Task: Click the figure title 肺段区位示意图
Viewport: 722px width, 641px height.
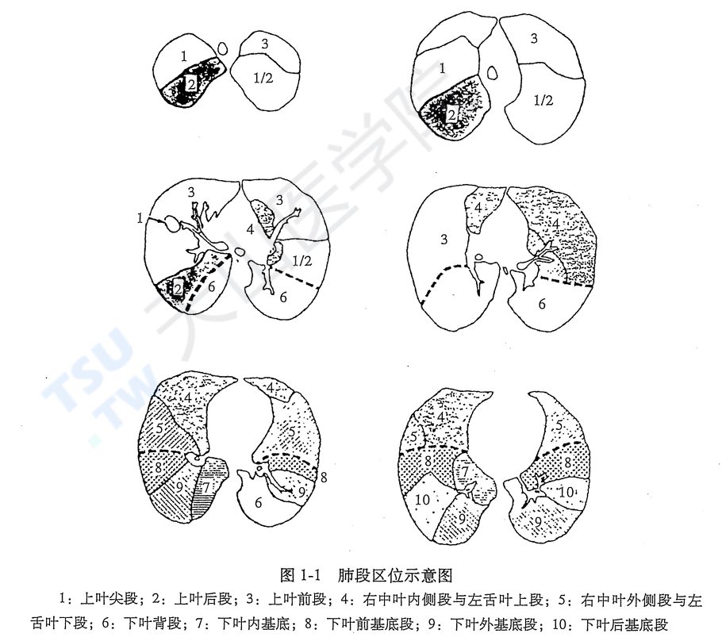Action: click(x=395, y=575)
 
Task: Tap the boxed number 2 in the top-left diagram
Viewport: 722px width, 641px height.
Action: click(x=190, y=84)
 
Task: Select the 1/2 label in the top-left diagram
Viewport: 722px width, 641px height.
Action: click(x=263, y=78)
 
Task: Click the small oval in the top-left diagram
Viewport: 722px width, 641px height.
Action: click(x=223, y=48)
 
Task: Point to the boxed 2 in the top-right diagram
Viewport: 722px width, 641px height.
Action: click(x=451, y=113)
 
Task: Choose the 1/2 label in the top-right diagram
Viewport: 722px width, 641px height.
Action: click(x=543, y=100)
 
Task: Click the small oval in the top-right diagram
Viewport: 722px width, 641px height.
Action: click(x=492, y=73)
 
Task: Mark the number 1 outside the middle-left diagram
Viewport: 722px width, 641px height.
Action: click(x=140, y=218)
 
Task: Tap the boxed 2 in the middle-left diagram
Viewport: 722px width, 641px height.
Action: click(x=178, y=290)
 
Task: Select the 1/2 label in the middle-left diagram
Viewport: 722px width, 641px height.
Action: click(x=302, y=261)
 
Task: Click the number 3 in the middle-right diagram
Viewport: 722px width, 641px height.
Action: click(x=444, y=240)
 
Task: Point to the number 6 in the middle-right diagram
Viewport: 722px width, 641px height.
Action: click(x=541, y=304)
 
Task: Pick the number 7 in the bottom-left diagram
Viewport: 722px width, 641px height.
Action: click(x=206, y=487)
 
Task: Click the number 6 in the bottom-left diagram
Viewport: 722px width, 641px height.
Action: click(x=259, y=502)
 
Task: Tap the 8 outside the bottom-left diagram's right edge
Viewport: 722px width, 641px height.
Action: click(x=324, y=477)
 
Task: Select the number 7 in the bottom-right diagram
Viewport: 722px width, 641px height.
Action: click(x=465, y=471)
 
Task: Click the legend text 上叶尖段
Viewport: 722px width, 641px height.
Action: click(x=109, y=599)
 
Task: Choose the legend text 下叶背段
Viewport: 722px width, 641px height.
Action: click(x=152, y=624)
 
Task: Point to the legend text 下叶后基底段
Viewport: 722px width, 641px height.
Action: click(x=624, y=624)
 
